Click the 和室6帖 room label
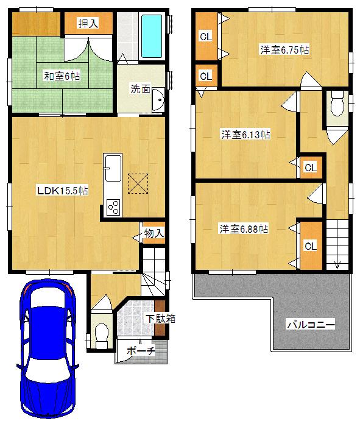[x=62, y=77]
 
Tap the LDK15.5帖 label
[x=62, y=191]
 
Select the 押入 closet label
[x=88, y=24]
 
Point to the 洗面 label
[x=140, y=88]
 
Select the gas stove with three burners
[x=113, y=207]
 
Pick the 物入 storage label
[x=154, y=233]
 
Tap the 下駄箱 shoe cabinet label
[x=160, y=319]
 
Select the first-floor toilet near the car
[x=102, y=333]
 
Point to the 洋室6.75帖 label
[x=284, y=50]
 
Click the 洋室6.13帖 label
[x=245, y=135]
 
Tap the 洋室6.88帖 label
[x=244, y=229]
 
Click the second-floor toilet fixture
[x=336, y=108]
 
